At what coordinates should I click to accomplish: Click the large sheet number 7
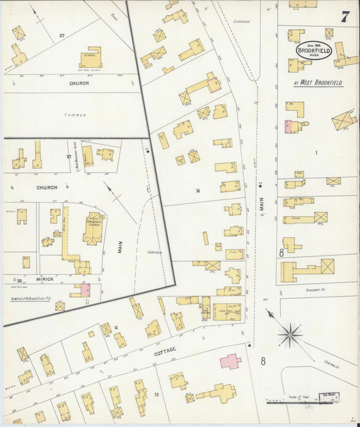point(344,17)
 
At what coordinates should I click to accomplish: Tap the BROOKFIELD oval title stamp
point(313,52)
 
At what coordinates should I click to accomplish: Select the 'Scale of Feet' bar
point(304,400)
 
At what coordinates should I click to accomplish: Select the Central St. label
point(330,366)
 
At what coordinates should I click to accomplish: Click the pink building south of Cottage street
point(230,361)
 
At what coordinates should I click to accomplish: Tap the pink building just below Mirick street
point(85,289)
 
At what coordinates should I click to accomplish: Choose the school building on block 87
point(91,57)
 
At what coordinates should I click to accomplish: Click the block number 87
point(61,34)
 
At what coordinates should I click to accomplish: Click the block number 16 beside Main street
point(198,191)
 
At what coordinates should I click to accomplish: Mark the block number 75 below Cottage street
point(157,395)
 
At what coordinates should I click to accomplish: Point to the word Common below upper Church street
point(75,115)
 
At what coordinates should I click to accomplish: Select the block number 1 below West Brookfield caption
point(315,153)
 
